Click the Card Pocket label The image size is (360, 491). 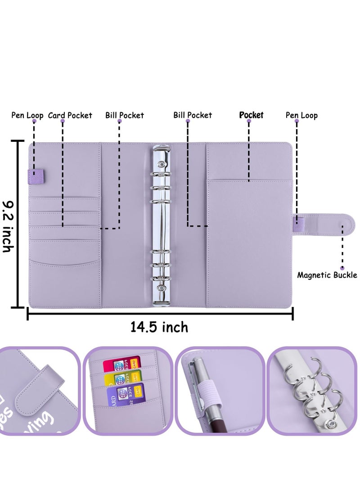point(70,116)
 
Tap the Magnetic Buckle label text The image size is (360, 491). point(327,275)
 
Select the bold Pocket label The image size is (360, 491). point(251,115)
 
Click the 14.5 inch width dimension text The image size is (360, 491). point(159,327)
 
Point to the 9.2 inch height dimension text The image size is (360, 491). point(8,226)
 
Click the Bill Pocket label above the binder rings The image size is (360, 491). point(193,116)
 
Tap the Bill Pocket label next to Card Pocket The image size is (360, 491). point(125,116)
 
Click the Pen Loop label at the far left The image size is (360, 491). point(27,116)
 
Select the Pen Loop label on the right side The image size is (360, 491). point(301,116)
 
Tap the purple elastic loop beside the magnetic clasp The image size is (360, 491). point(298,221)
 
